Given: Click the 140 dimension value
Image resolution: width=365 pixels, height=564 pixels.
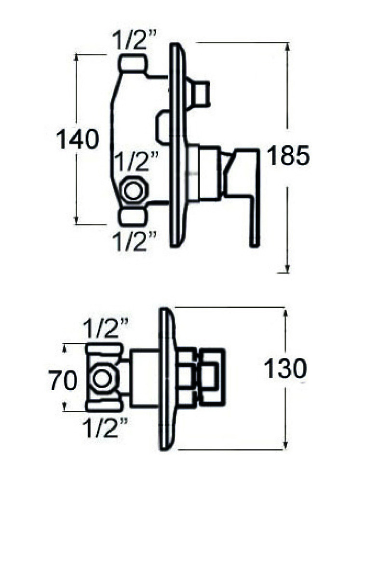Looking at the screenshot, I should [x=78, y=140].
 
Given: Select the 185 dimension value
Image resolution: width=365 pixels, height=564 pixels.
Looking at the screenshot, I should [x=288, y=157].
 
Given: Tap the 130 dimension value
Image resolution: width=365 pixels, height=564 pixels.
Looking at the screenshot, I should [x=285, y=369].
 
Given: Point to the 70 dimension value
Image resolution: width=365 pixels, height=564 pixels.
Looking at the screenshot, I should [x=63, y=381].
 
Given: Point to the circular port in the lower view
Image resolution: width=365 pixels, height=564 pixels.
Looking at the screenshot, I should [x=102, y=378].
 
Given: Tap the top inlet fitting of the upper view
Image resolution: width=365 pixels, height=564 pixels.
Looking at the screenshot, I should [x=133, y=64].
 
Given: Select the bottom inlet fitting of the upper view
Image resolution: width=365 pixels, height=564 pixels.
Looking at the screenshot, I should [x=133, y=216].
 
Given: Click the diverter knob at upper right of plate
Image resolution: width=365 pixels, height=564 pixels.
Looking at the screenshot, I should [x=200, y=93].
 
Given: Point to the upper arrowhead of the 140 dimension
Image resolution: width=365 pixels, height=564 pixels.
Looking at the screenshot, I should [x=77, y=58].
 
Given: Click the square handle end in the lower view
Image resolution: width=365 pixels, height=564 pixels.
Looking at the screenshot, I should [x=213, y=377].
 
